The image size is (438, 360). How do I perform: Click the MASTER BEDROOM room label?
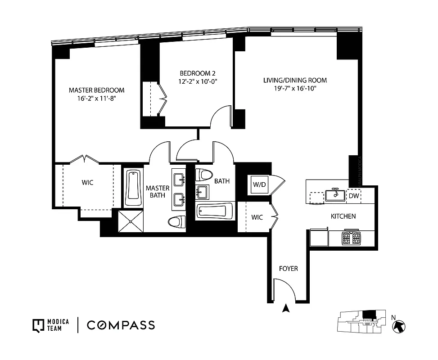[x=96, y=90]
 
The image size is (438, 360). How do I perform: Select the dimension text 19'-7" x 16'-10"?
[x=295, y=89]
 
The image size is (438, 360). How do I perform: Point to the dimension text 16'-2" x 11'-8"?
[x=96, y=98]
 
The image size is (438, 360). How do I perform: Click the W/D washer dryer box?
[x=260, y=184]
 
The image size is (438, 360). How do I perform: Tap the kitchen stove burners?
[x=351, y=238]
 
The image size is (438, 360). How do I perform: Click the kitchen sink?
[x=335, y=194]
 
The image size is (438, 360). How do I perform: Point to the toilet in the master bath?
[x=177, y=221]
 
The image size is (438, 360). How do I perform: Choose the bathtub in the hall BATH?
[x=215, y=211]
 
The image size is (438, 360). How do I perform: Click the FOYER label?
[x=289, y=269]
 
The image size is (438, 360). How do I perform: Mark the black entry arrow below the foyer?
[x=284, y=308]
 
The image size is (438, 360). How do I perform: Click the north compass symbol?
[x=399, y=325]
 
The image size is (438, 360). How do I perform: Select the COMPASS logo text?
[x=121, y=325]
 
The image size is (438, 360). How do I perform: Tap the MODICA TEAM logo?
[x=50, y=325]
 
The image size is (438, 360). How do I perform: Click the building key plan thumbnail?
[x=361, y=323]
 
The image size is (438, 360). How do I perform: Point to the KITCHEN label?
[x=343, y=216]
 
